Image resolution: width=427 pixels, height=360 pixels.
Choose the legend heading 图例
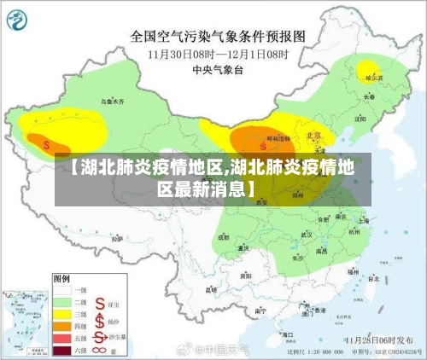[x=61, y=278]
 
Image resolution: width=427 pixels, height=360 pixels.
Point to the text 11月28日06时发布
[x=376, y=339]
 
